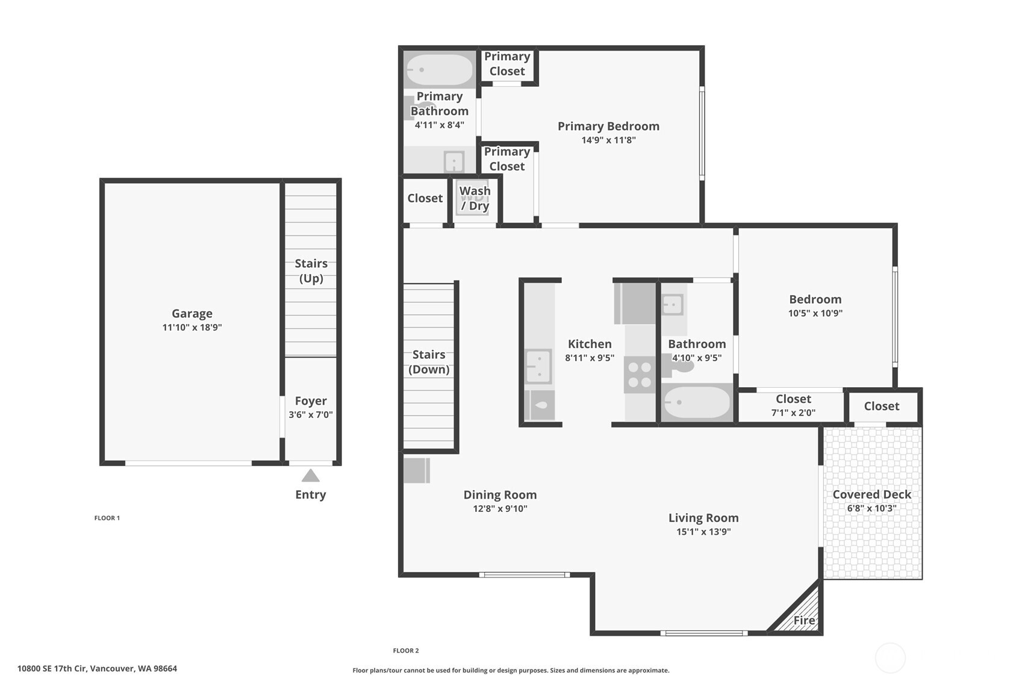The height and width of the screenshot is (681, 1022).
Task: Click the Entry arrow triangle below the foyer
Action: tap(310, 476)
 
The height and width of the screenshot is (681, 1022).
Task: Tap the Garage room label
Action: tap(192, 314)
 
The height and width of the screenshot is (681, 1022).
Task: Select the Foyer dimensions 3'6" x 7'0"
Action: tap(311, 415)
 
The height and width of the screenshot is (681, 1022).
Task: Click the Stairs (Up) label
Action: tap(311, 271)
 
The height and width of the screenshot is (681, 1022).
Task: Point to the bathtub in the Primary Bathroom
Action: tap(439, 70)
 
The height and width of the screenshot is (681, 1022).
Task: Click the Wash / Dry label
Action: tap(475, 198)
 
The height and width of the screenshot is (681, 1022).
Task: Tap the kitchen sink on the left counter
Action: tap(538, 366)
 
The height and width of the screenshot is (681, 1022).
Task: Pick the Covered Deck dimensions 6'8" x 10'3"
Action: tap(871, 508)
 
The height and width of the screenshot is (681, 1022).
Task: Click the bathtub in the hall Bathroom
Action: tap(697, 402)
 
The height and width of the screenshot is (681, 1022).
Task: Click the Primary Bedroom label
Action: tap(608, 126)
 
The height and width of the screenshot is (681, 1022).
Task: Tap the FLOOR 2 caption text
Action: tap(406, 650)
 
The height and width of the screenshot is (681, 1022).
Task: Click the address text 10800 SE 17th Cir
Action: tap(97, 668)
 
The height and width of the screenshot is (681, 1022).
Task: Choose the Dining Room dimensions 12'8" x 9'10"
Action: tap(500, 509)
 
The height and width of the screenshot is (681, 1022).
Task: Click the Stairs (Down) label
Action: tap(429, 362)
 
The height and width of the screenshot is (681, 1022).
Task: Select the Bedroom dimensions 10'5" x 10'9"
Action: tap(815, 313)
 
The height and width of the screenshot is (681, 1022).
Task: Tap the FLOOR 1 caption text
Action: tap(107, 518)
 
